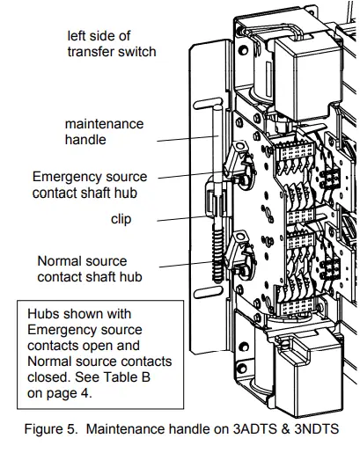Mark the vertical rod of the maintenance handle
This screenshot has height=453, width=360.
[214, 158]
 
